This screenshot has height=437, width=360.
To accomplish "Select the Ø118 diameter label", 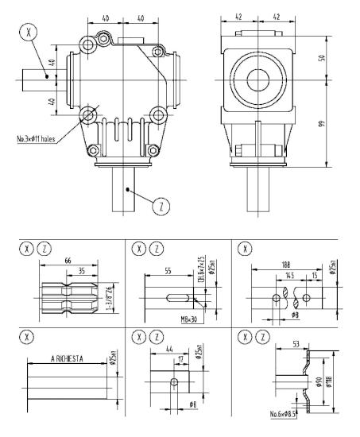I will click(327, 382).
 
